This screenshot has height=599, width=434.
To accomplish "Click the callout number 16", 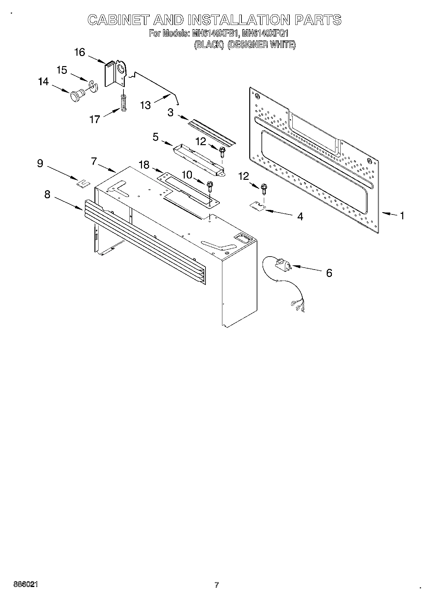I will (80, 52).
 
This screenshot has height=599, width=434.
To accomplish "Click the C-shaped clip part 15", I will (93, 86).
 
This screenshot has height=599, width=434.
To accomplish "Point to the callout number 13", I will (146, 105).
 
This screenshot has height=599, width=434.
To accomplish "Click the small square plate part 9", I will (83, 183).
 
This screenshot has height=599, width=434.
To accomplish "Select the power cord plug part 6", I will (282, 264).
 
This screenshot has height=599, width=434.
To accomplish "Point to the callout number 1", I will (402, 215).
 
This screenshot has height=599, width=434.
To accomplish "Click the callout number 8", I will (47, 194).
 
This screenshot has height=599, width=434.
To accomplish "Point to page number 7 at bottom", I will (217, 585).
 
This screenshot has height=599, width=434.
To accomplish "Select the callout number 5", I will (156, 137).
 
